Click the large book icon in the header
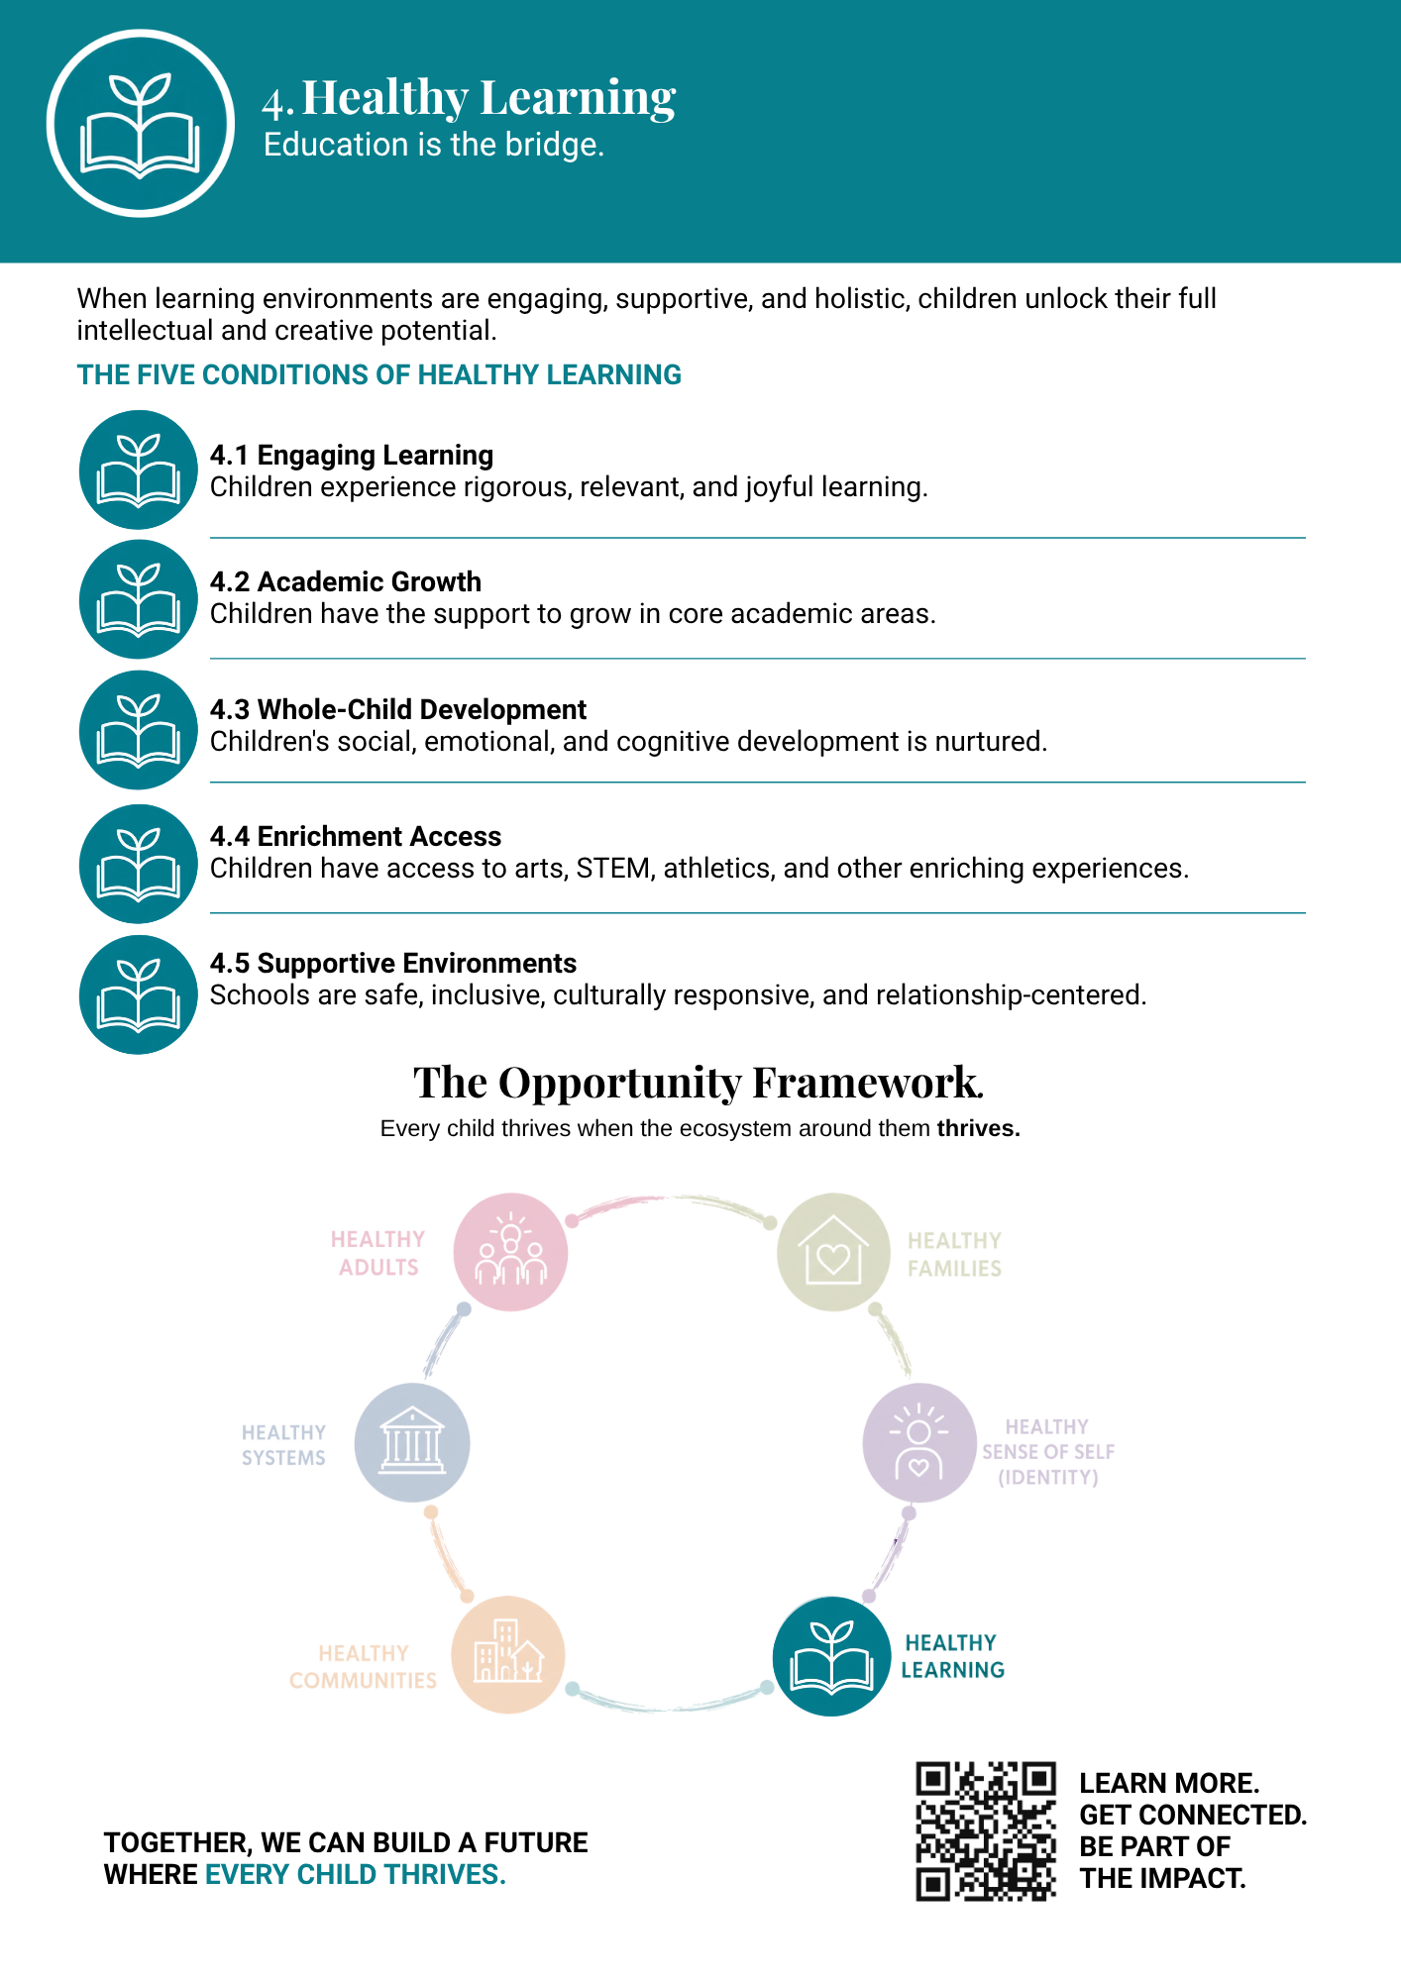pos(140,123)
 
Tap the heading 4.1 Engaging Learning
pos(352,456)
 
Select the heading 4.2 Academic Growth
pos(346,581)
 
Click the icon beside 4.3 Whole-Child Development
pos(139,730)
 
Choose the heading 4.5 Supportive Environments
pos(393,964)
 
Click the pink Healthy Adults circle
pos(510,1252)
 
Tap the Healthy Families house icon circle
pos(833,1252)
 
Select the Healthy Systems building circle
pos(412,1443)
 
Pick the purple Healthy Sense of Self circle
pos(919,1443)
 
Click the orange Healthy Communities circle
pos(508,1655)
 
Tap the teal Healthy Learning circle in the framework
pos(831,1656)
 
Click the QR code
pos(986,1830)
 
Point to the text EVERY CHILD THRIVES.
pos(355,1875)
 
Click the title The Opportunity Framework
pos(699,1083)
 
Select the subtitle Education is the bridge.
pos(434,146)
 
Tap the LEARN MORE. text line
pos(1169,1783)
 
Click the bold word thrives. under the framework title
pos(979,1128)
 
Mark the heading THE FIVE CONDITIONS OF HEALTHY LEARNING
pos(379,375)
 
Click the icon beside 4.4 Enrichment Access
pos(139,864)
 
